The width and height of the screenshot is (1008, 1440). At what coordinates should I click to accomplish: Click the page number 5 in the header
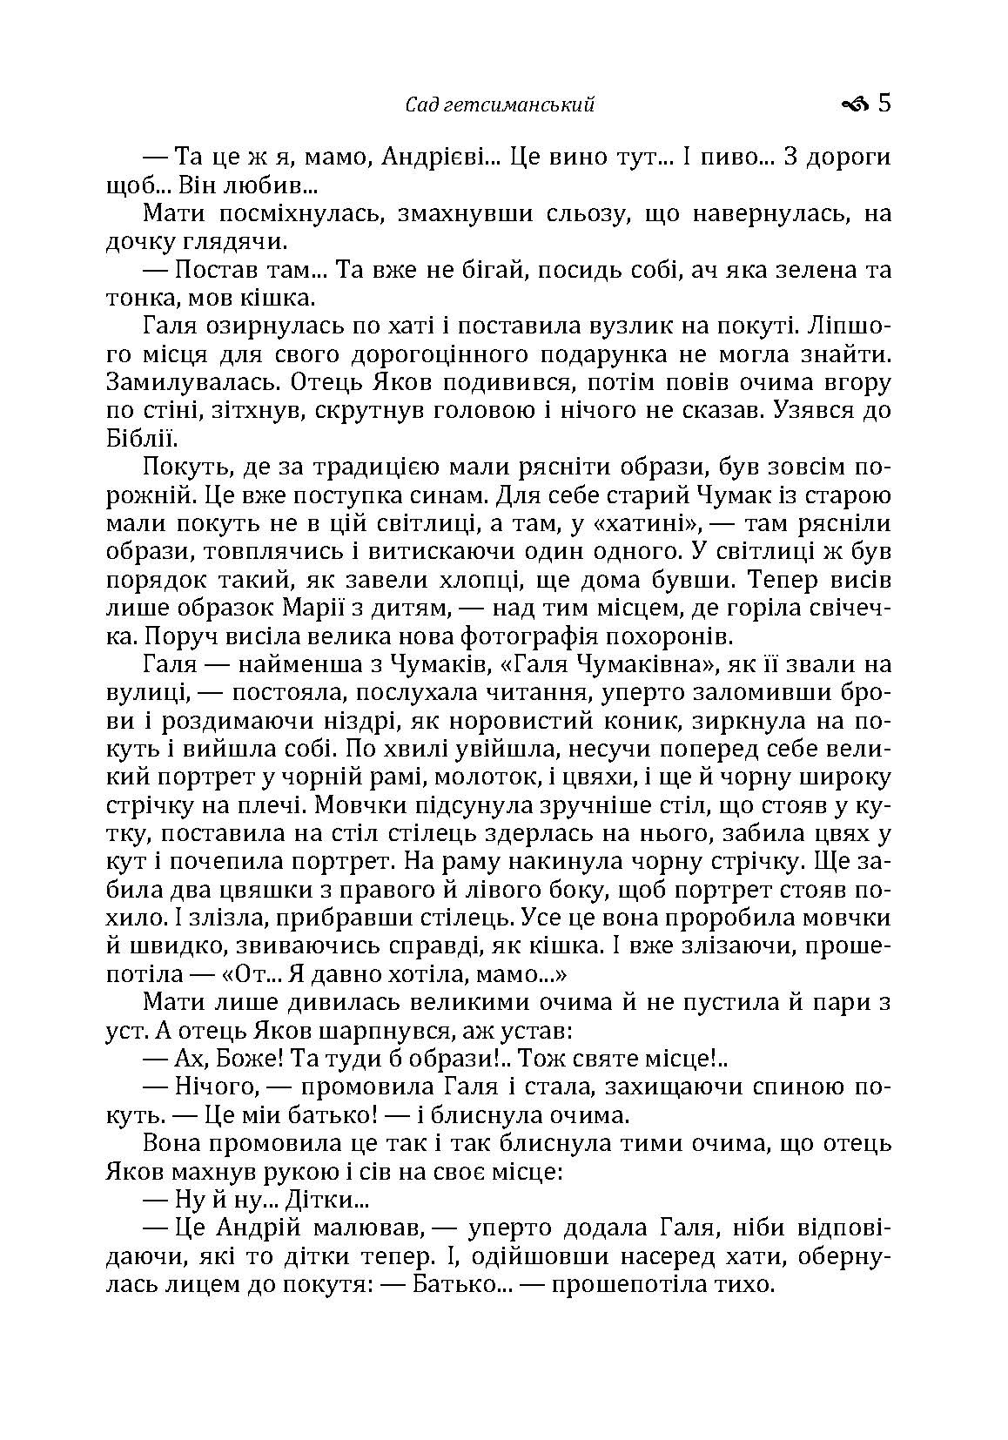pyautogui.click(x=884, y=104)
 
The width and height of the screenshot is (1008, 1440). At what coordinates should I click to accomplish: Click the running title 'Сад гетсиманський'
pyautogui.click(x=501, y=105)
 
